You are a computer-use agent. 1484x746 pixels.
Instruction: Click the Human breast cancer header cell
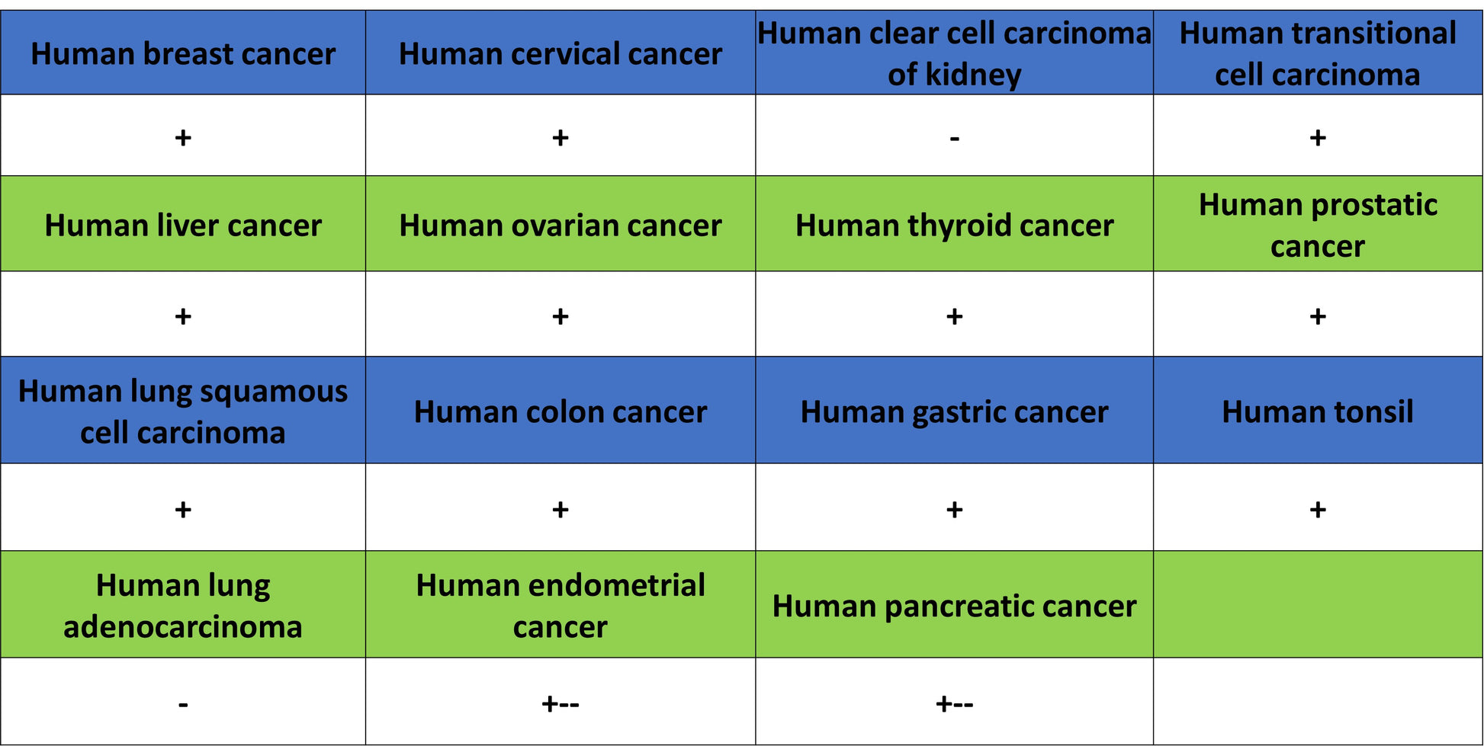183,53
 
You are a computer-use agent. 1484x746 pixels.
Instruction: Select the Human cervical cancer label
561,54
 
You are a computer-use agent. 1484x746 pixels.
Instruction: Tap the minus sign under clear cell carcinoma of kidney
954,139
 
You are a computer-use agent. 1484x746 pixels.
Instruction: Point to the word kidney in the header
973,75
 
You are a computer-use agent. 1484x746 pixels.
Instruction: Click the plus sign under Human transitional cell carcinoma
1318,138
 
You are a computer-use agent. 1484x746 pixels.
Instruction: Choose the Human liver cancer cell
183,224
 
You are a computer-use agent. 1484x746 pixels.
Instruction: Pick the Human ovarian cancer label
561,226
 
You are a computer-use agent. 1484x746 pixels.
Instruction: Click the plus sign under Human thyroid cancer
954,316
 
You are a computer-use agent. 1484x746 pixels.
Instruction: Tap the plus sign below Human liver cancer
183,316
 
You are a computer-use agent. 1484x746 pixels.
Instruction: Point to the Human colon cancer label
561,411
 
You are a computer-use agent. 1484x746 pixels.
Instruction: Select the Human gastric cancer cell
954,410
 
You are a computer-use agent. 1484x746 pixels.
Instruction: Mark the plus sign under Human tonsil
1318,509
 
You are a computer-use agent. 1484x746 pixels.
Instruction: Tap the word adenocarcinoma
183,627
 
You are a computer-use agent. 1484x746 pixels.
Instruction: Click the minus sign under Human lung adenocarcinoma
183,705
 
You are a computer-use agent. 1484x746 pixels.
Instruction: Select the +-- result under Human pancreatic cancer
954,703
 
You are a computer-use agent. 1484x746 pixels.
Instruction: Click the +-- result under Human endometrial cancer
561,703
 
